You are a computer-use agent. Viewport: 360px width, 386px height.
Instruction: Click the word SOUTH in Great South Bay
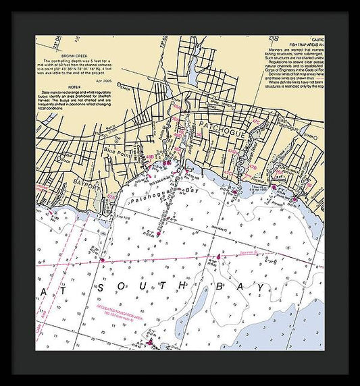click(x=143, y=287)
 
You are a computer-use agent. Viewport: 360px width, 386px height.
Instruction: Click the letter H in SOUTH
click(x=184, y=287)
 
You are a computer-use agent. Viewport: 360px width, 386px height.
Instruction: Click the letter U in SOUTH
click(x=143, y=287)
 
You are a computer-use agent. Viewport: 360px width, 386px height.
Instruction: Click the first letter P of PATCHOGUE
click(x=200, y=133)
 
